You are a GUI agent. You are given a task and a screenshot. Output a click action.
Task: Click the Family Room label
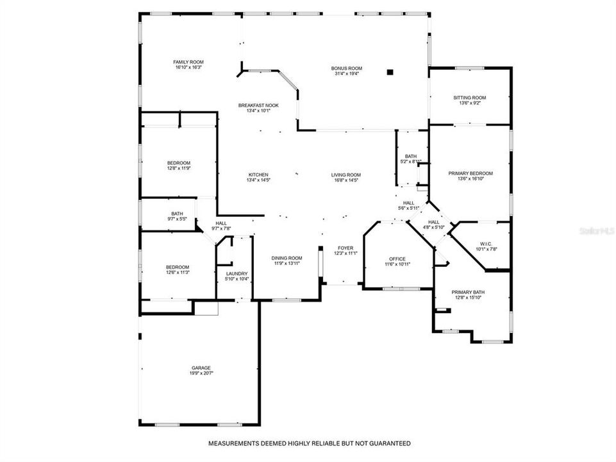(188, 62)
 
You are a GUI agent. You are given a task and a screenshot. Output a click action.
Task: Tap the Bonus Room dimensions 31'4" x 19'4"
(347, 74)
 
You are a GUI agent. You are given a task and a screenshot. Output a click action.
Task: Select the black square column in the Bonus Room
(389, 72)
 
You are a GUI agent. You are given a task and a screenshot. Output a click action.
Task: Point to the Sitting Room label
(470, 98)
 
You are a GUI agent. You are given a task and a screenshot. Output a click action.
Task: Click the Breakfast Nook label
(258, 105)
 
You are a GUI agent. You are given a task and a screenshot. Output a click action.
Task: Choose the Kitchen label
(258, 175)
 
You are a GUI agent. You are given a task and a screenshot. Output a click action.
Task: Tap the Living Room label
(346, 175)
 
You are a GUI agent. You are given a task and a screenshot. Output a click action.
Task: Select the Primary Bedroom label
(470, 173)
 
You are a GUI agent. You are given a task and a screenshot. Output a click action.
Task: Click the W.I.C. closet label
(485, 244)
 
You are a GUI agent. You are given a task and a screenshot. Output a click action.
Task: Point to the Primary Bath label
(469, 292)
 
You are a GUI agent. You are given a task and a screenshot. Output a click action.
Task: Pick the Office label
(397, 259)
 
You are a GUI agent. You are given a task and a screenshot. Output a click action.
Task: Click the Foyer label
(345, 248)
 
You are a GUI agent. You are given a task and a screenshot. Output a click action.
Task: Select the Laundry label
(237, 274)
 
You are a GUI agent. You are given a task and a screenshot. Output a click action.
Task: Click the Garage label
(201, 368)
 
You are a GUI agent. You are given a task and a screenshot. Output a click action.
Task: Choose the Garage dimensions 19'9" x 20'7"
(201, 373)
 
